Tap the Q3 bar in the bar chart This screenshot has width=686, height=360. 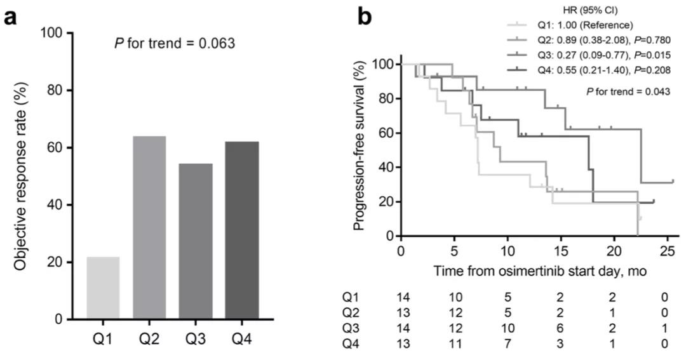[x=196, y=241]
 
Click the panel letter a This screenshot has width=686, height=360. [x=11, y=17]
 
